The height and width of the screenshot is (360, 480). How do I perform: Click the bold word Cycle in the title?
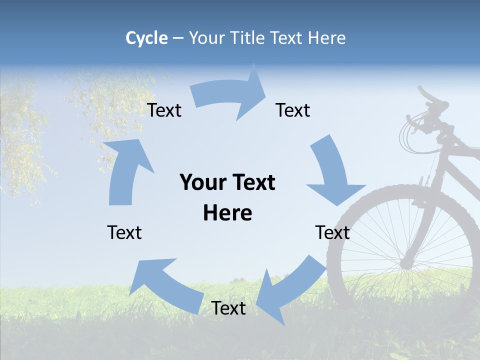pos(146,38)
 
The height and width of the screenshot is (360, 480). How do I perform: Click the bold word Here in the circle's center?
pos(227,213)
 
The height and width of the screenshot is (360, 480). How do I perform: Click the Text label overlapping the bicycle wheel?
pos(332,232)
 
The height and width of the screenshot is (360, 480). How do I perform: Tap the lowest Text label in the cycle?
pos(228,308)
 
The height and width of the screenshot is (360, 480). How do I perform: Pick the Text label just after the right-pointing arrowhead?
pos(293,110)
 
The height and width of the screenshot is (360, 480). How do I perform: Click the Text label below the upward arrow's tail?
pos(124,232)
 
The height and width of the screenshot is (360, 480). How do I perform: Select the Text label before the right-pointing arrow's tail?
pos(164,110)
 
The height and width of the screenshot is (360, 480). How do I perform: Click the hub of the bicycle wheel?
pos(405,262)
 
